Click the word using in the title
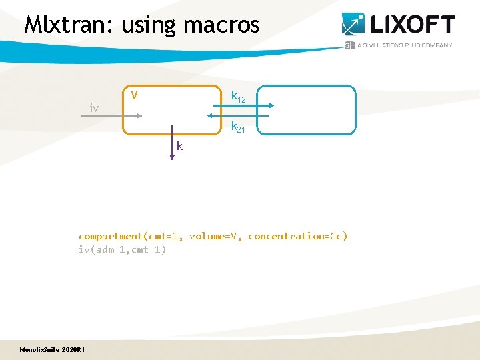[x=148, y=26]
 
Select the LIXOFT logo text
[x=411, y=25]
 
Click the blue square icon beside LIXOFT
[x=353, y=24]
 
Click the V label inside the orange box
[x=134, y=95]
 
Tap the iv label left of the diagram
[x=94, y=107]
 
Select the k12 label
[x=238, y=97]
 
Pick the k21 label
[x=238, y=127]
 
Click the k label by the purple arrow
[x=180, y=146]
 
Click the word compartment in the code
[x=111, y=236]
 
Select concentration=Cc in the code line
[x=297, y=236]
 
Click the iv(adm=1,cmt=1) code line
[x=122, y=249]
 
